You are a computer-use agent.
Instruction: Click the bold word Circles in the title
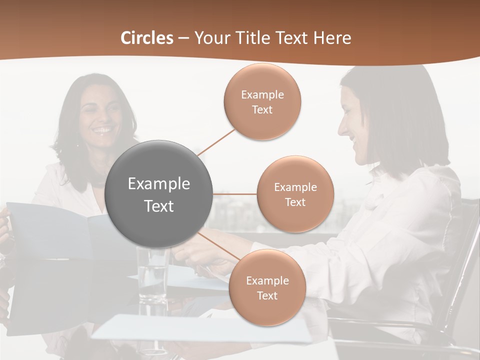pos(147,38)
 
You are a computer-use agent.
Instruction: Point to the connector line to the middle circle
pos(235,194)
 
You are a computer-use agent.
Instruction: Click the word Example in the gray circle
pos(159,184)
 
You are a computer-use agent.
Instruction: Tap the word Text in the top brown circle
pos(262,110)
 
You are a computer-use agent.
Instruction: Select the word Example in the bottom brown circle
pos(267,281)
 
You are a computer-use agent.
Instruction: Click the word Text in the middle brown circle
pos(295,202)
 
